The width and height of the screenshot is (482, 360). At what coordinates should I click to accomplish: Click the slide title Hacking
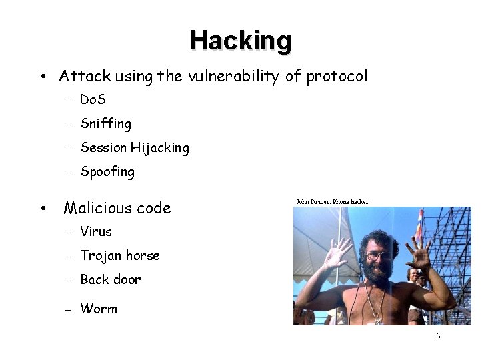pyautogui.click(x=240, y=40)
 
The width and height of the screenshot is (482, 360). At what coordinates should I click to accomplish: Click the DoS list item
pyautogui.click(x=93, y=100)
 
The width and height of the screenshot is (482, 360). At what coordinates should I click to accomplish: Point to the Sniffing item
pyautogui.click(x=105, y=124)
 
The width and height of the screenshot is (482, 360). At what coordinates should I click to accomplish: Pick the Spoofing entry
pyautogui.click(x=107, y=172)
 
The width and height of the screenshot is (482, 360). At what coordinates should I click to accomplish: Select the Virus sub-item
pyautogui.click(x=96, y=232)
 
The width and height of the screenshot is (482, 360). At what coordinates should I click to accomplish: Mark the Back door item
pyautogui.click(x=110, y=280)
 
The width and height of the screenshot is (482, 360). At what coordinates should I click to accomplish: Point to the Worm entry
pyautogui.click(x=98, y=309)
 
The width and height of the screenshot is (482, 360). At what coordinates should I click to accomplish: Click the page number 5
pyautogui.click(x=438, y=336)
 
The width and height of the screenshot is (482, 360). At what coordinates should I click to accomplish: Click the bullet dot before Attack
pyautogui.click(x=42, y=77)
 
